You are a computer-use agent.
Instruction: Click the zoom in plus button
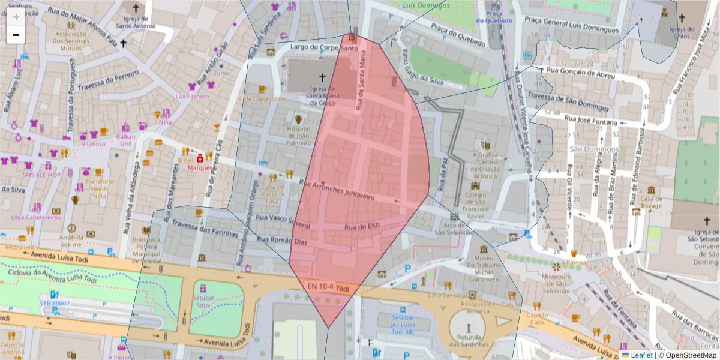(16, 17)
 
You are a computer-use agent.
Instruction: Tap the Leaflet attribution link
(642, 355)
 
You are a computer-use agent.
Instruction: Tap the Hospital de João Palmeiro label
(298, 136)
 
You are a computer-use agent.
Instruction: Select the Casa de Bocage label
(651, 202)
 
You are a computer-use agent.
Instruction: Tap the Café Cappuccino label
(262, 98)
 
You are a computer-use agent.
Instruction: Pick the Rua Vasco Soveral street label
(283, 221)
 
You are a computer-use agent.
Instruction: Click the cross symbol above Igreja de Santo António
(135, 8)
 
